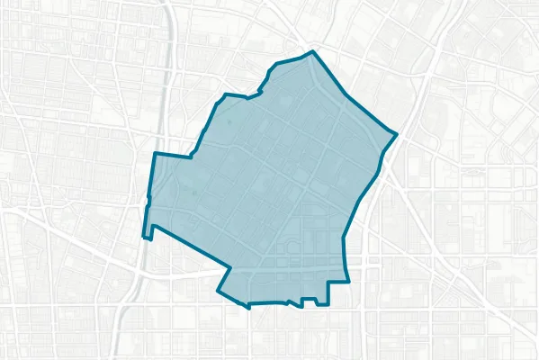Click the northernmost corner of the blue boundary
312,51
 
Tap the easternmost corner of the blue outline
397,135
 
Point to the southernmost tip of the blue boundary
249,306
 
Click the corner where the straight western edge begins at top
154,154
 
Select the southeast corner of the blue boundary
348,282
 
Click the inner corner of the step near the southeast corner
328,283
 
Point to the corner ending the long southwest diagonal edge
230,269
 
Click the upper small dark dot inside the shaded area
229,121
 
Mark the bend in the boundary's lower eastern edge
345,238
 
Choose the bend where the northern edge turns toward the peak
274,66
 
